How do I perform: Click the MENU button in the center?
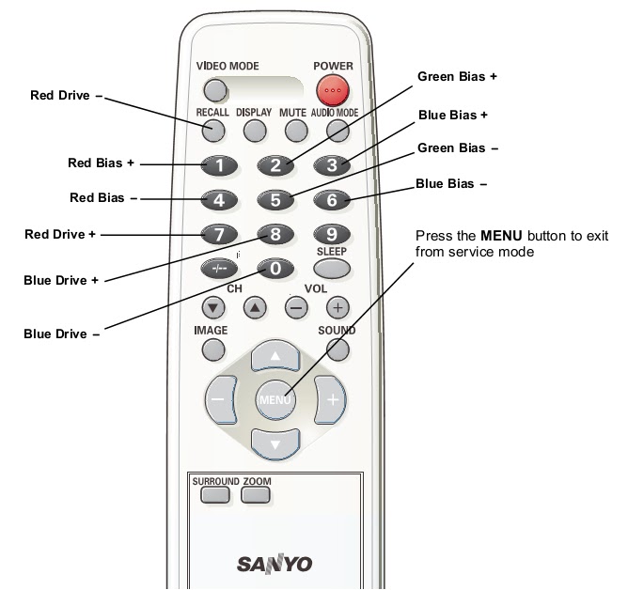click(275, 399)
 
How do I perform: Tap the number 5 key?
click(275, 199)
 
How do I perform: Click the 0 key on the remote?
click(275, 269)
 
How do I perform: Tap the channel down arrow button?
click(214, 306)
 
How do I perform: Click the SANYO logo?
click(274, 564)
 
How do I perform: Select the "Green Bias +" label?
click(457, 77)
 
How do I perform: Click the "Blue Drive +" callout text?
click(61, 280)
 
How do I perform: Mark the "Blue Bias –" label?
click(451, 184)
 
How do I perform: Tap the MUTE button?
click(294, 131)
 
